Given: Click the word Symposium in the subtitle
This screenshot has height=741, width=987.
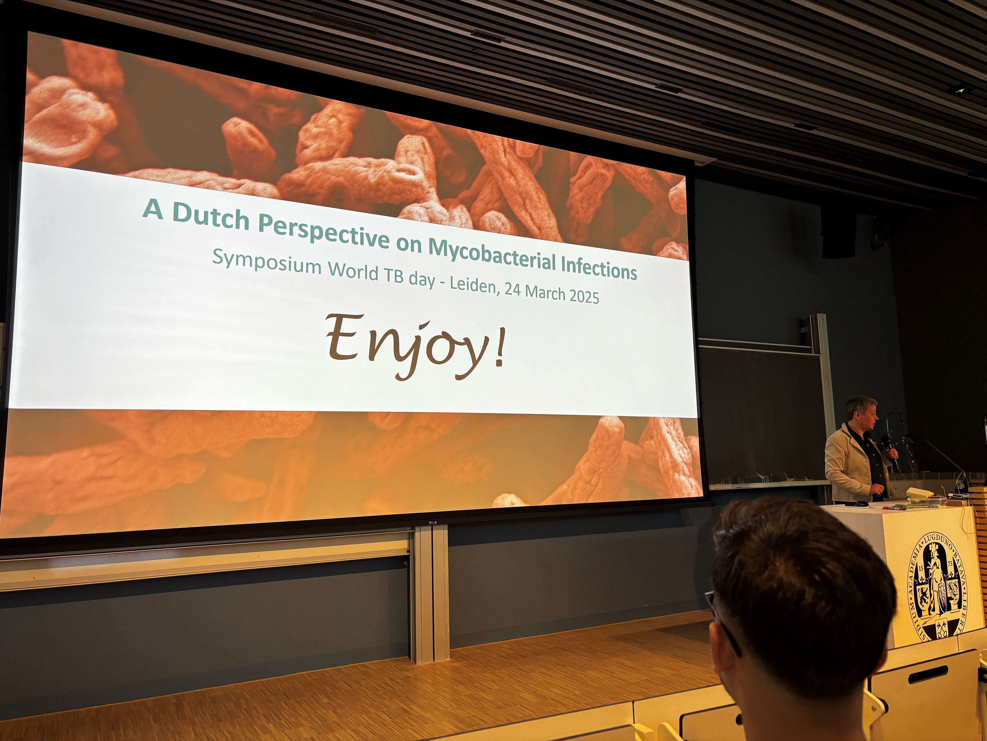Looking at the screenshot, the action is pos(266,262).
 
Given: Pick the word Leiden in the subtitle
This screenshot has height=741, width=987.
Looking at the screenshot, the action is pos(474,285).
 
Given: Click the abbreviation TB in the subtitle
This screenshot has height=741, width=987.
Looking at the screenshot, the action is pos(394,276).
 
